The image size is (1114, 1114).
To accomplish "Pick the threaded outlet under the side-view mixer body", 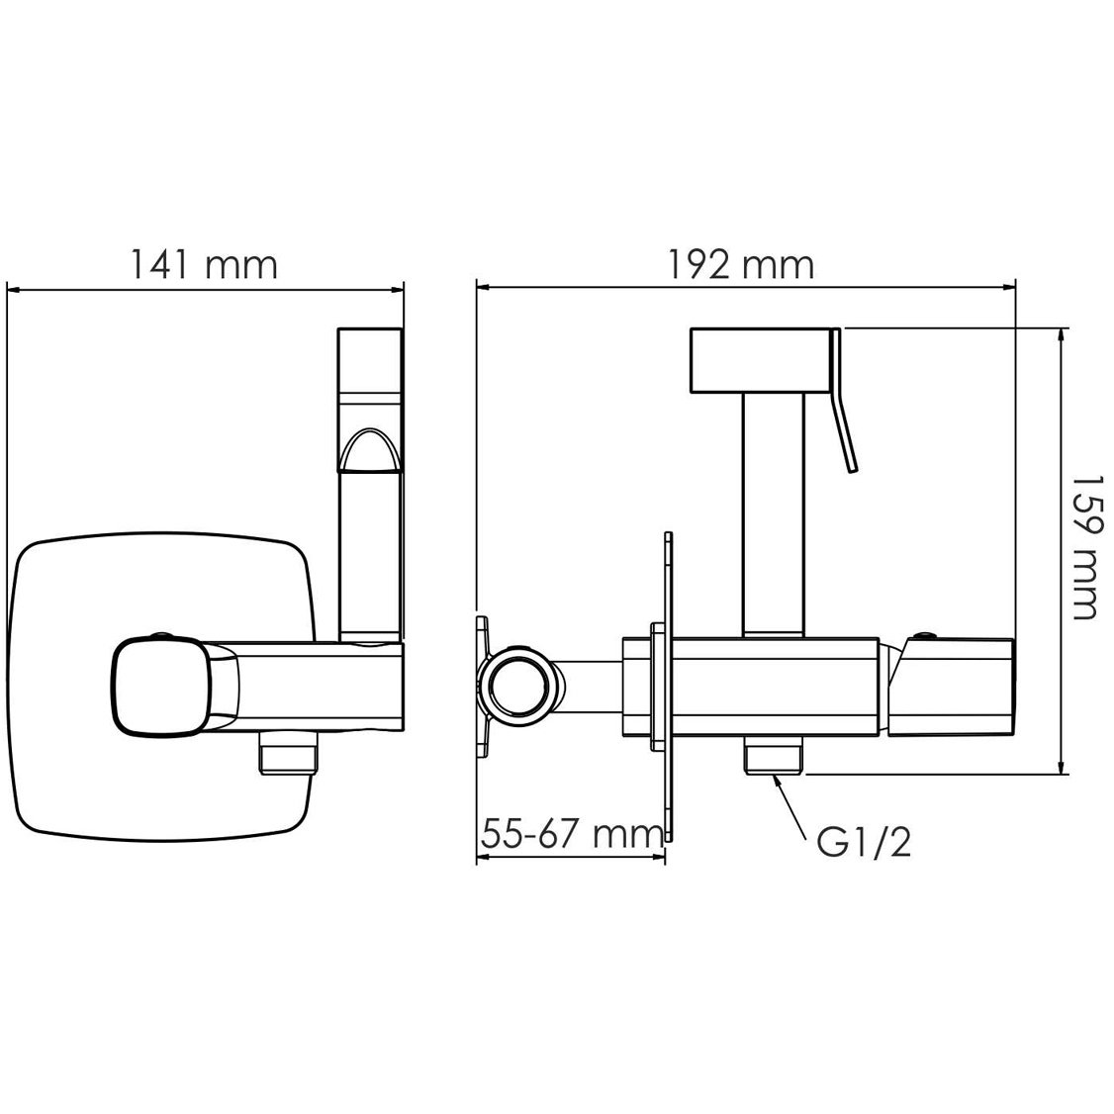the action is pos(774,755).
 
